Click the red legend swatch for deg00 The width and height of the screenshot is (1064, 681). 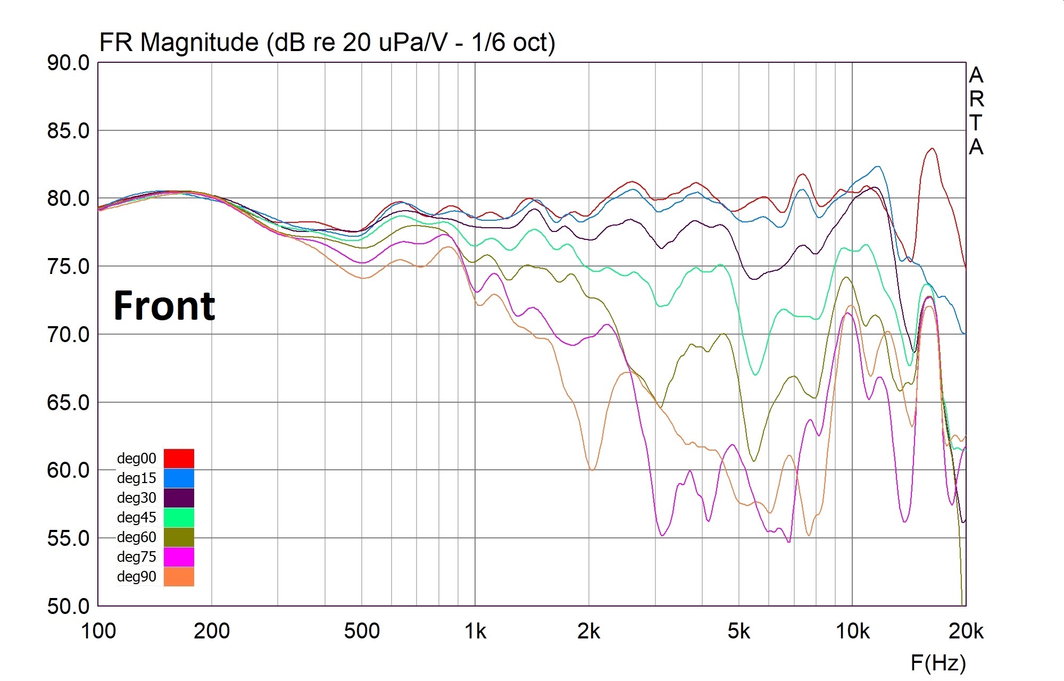pos(179,458)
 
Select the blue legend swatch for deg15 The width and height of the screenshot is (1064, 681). pos(179,478)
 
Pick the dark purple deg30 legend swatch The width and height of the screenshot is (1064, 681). pos(179,497)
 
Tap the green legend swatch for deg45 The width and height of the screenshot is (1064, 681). pos(179,517)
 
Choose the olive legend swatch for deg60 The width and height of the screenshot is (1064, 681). pos(179,537)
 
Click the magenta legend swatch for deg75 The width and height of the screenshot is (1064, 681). pos(179,557)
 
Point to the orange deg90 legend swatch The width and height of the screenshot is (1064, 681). pos(179,576)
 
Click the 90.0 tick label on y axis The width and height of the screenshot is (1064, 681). pos(68,63)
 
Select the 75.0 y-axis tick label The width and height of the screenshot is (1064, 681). pos(68,267)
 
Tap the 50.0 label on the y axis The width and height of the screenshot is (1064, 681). pos(68,606)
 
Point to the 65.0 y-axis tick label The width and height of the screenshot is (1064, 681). pos(68,402)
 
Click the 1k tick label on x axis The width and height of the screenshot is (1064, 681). pos(475,631)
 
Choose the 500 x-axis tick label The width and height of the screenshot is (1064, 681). pos(362,631)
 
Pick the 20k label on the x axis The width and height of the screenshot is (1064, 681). pos(966,631)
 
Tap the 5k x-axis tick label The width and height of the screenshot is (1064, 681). pos(739,631)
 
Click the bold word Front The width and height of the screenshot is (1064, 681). pos(164,306)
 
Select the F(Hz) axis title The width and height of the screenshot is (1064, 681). pos(938,663)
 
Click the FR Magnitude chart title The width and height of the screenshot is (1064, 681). pos(327,42)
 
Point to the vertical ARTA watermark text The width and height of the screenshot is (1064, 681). pos(976,111)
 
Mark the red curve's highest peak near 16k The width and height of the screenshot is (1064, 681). pos(932,148)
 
